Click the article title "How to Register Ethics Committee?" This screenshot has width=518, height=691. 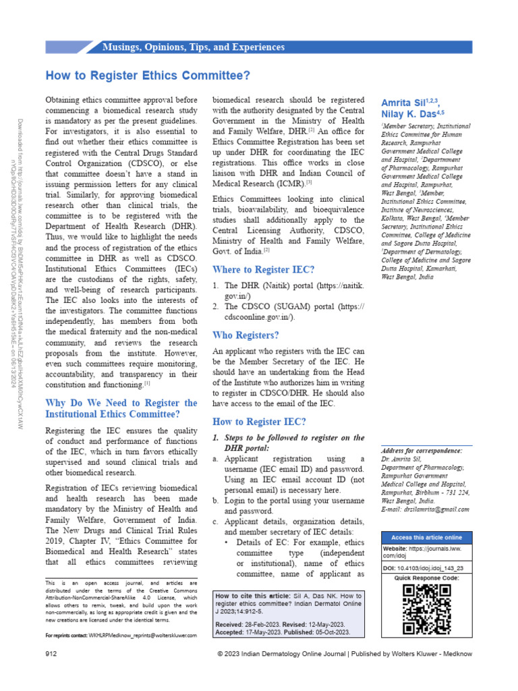pos(148,76)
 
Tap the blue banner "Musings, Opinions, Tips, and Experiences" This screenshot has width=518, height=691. pos(193,47)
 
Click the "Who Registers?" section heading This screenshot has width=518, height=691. pos(246,335)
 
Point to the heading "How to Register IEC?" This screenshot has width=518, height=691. pos(259,422)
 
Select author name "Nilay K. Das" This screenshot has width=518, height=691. pos(407,115)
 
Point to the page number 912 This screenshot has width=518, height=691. pos(51,655)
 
